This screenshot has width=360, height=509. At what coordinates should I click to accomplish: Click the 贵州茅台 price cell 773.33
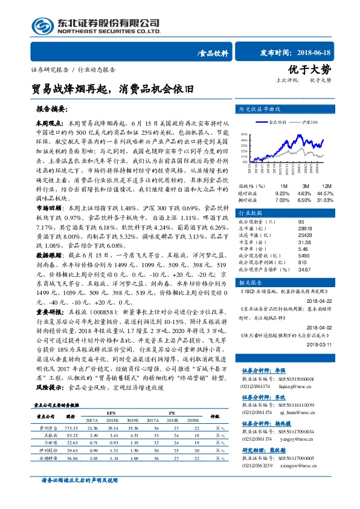coord(71,427)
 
